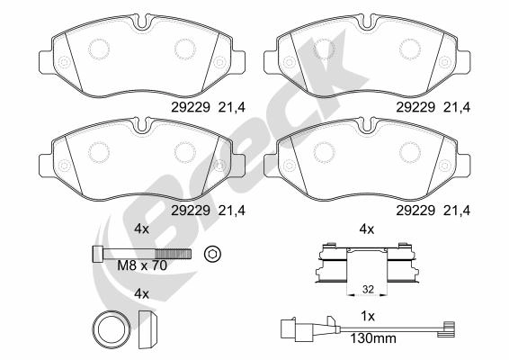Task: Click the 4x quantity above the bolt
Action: point(141,229)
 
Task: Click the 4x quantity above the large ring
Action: point(141,293)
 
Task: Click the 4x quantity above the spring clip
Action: point(366,229)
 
